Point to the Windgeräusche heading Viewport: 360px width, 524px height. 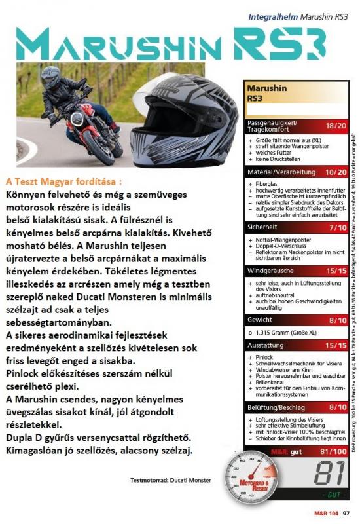click(270, 271)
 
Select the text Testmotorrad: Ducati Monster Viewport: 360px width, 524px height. click(171, 480)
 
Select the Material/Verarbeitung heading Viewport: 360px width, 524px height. click(276, 172)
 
